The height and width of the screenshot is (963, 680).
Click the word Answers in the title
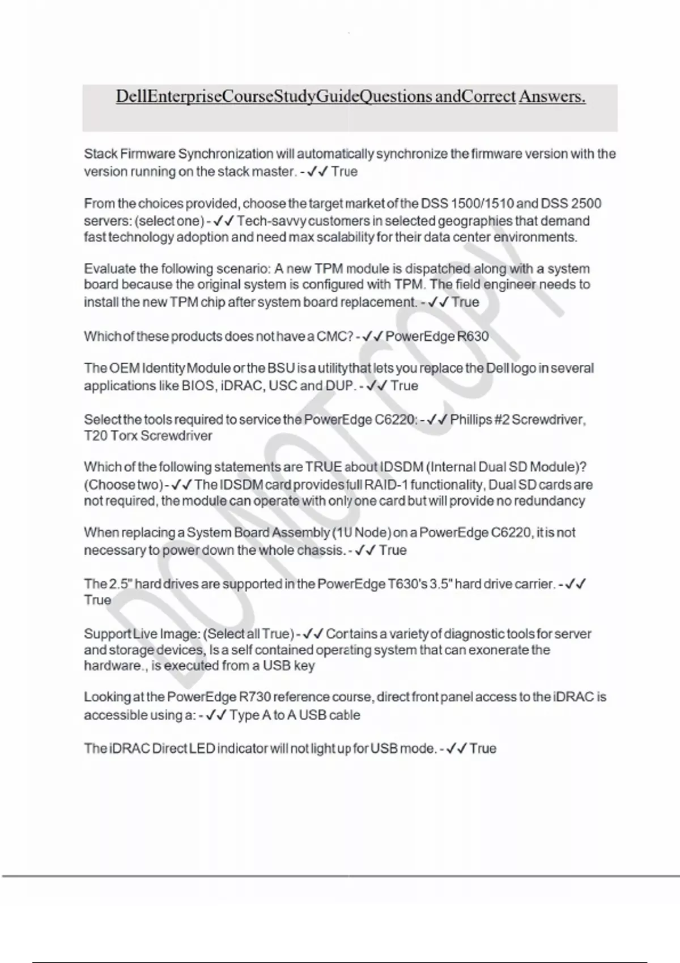coord(552,97)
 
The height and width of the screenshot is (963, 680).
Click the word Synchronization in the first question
coord(226,154)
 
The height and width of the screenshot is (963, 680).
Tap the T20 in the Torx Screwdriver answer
coord(95,436)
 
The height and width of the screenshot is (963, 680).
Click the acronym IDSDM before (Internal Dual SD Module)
coord(402,467)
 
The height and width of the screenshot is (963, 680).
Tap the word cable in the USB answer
coord(345,715)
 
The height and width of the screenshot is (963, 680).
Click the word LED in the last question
coord(202,748)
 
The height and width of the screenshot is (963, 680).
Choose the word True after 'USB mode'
coord(483,748)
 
